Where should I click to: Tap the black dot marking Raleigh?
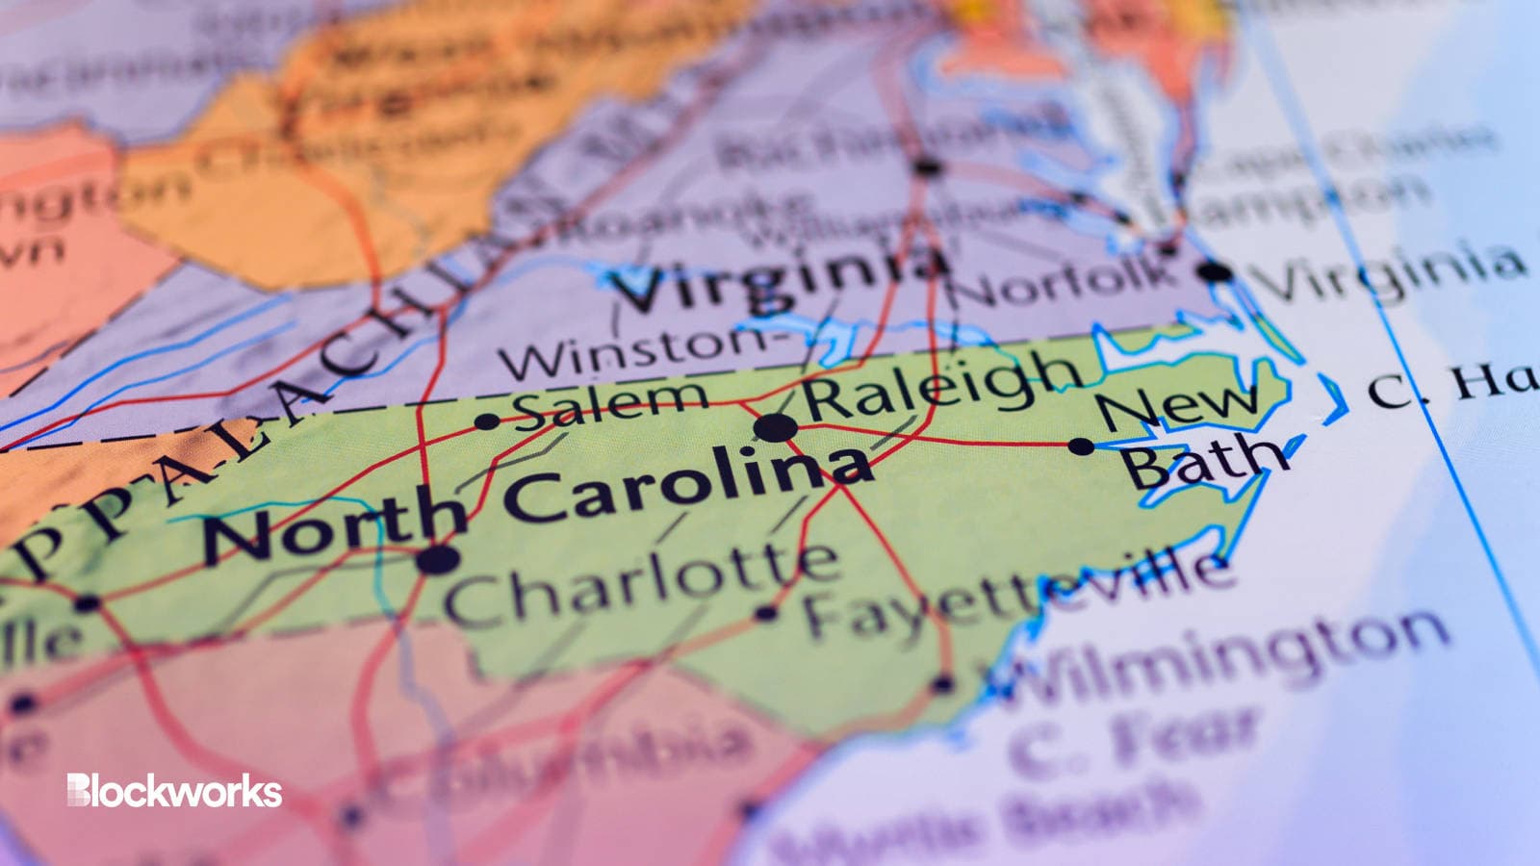[x=775, y=428]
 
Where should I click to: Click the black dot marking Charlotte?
[x=438, y=557]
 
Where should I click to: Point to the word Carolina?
[x=689, y=485]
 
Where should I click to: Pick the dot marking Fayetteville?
[x=767, y=612]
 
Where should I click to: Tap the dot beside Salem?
[x=487, y=421]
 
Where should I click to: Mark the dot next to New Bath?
[x=1081, y=446]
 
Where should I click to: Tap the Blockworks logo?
[x=174, y=791]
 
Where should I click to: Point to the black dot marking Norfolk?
[x=1215, y=272]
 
